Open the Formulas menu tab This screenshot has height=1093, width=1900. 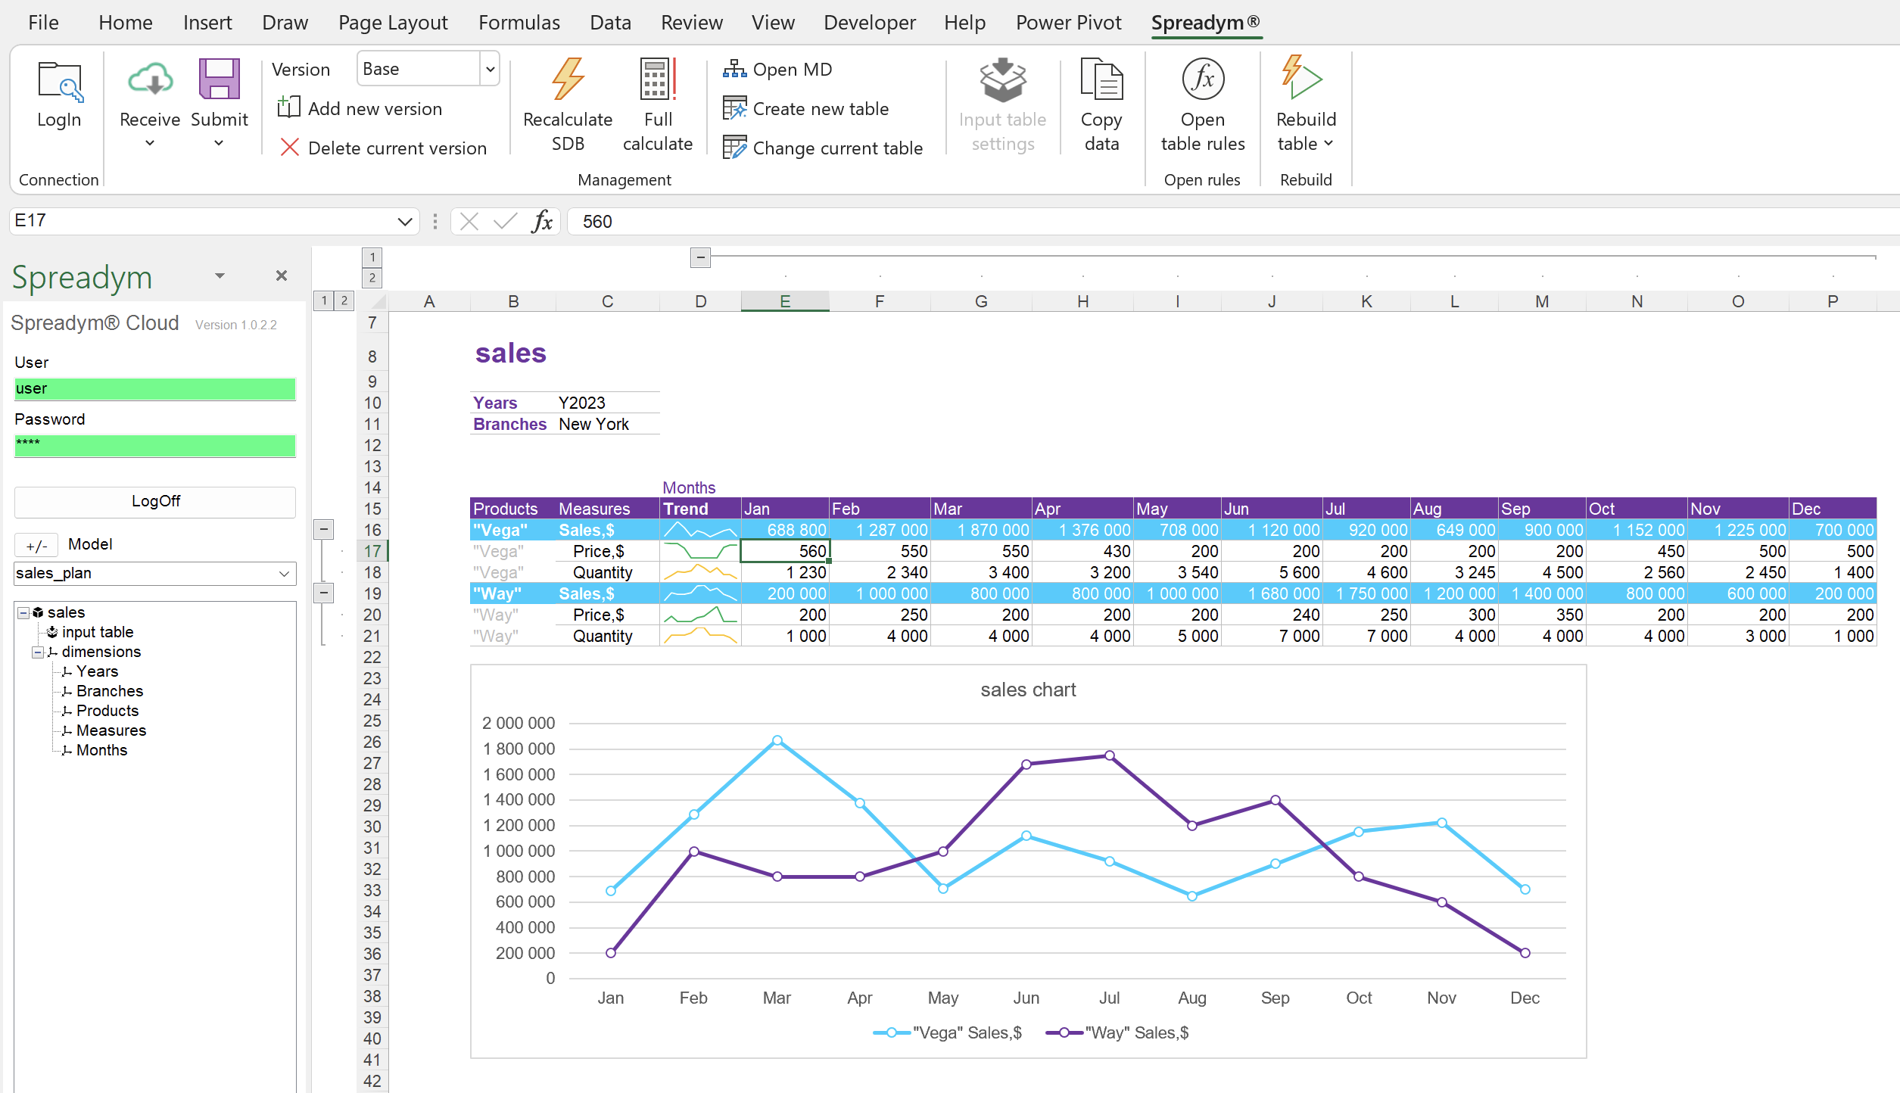coord(519,23)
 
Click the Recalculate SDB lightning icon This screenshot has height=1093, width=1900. coord(568,79)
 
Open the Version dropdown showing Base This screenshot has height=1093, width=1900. coord(490,69)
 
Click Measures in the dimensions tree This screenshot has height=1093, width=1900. coord(111,730)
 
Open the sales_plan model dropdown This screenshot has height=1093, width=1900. coord(284,574)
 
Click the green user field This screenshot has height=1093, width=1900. coord(154,389)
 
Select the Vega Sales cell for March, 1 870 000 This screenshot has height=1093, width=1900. coord(981,530)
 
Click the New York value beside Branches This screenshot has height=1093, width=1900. coord(593,425)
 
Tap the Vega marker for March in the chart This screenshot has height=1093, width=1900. coord(777,740)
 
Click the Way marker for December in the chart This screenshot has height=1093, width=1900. coord(1525,953)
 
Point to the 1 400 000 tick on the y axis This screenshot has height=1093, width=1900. coord(519,800)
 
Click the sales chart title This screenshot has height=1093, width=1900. coord(1028,690)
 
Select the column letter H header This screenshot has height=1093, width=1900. coord(1082,301)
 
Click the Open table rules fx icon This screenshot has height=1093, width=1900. coord(1202,79)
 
